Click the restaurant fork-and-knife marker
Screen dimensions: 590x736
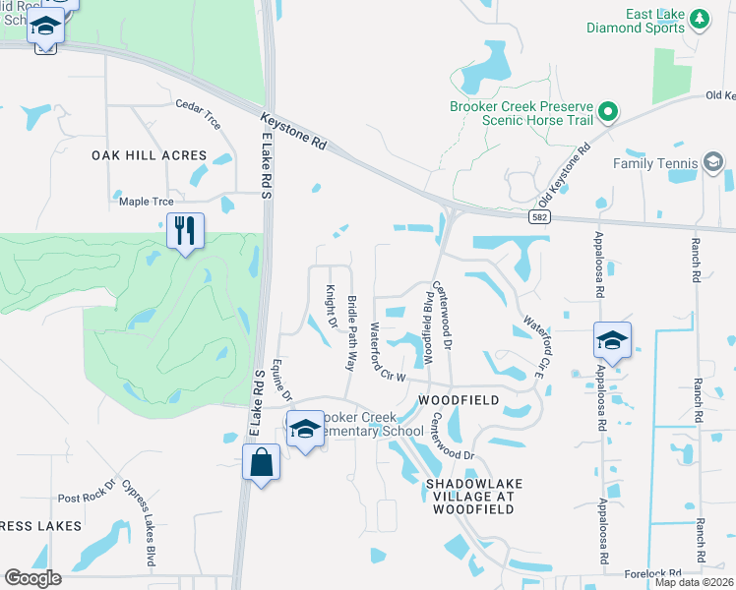coord(185,231)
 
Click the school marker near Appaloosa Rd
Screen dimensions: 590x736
coord(612,341)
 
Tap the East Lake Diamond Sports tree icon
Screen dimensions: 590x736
coord(700,18)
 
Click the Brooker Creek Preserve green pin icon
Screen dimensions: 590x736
coord(608,112)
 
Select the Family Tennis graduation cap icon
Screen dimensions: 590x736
coord(713,163)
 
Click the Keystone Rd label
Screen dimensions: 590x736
coord(292,131)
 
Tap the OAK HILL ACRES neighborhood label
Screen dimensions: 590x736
coord(150,155)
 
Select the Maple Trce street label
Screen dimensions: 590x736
coord(140,202)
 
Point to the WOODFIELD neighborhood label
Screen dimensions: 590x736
coord(458,400)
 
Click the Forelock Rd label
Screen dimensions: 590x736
coord(653,573)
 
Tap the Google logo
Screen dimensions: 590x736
coord(32,578)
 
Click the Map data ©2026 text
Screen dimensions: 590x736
coord(695,582)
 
